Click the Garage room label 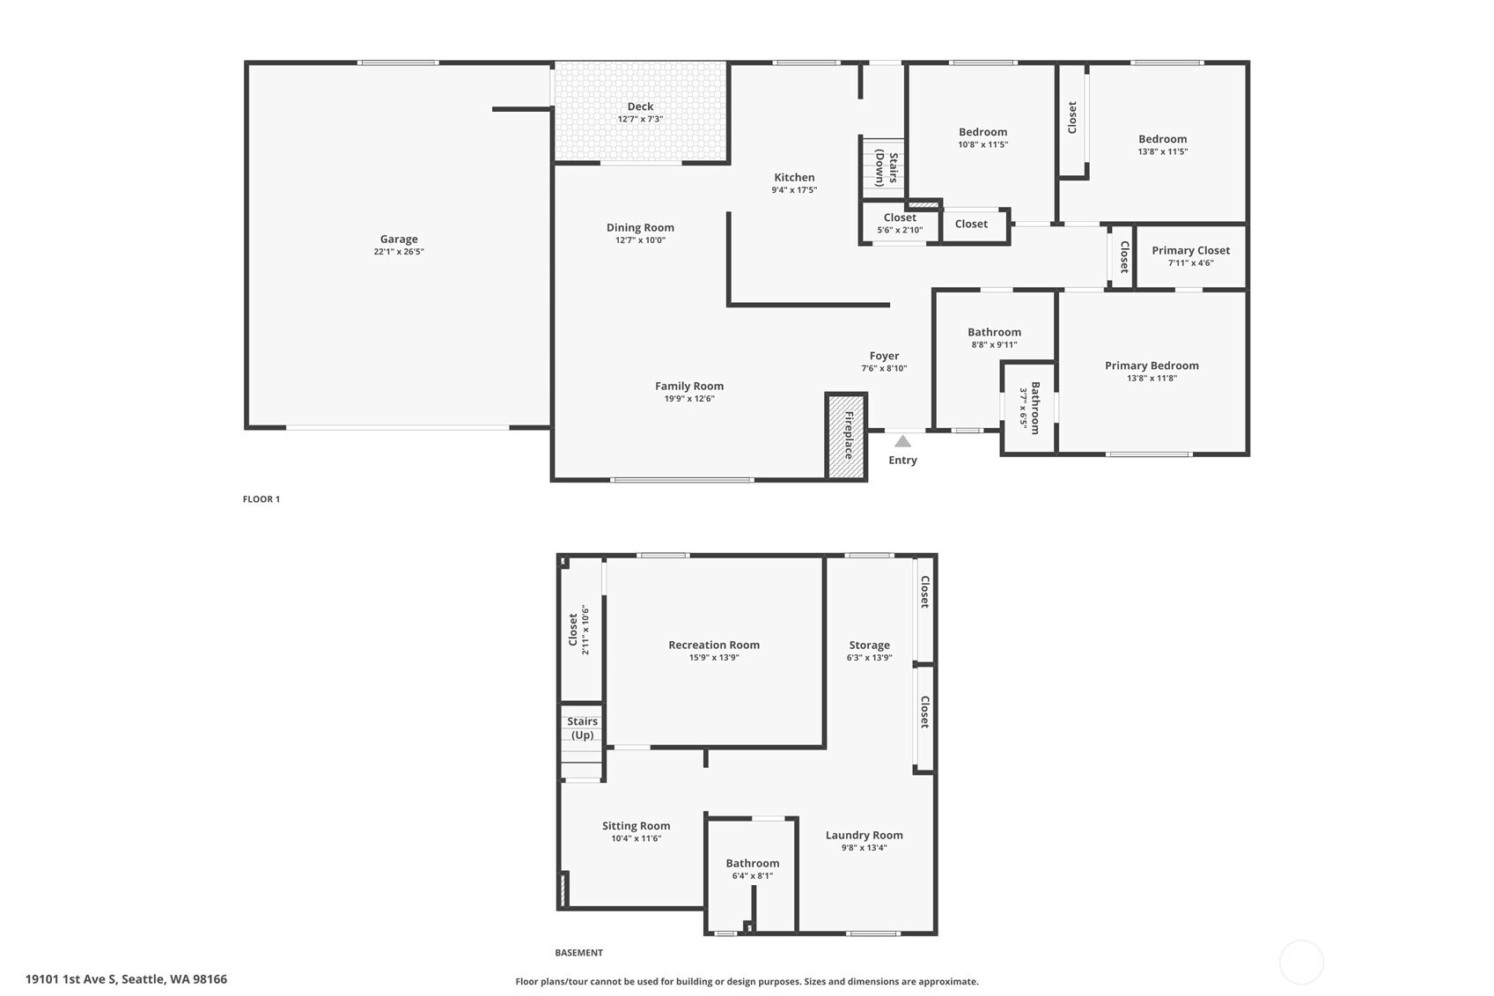pyautogui.click(x=399, y=239)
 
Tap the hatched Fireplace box pyautogui.click(x=847, y=436)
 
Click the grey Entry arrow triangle pyautogui.click(x=902, y=441)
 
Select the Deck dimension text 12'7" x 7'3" pyautogui.click(x=640, y=119)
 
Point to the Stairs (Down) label pyautogui.click(x=887, y=168)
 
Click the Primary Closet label pyautogui.click(x=1190, y=250)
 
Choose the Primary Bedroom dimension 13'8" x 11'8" pyautogui.click(x=1152, y=378)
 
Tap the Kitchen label pyautogui.click(x=794, y=177)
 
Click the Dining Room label pyautogui.click(x=640, y=227)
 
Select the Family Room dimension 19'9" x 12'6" pyautogui.click(x=689, y=398)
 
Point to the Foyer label pyautogui.click(x=884, y=356)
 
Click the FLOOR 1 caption pyautogui.click(x=261, y=499)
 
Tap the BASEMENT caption pyautogui.click(x=578, y=953)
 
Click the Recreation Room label pyautogui.click(x=713, y=645)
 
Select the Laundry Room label pyautogui.click(x=864, y=835)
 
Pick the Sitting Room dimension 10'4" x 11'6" pyautogui.click(x=636, y=838)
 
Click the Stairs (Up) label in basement pyautogui.click(x=582, y=728)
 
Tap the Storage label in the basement pyautogui.click(x=869, y=645)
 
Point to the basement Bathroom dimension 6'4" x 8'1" pyautogui.click(x=752, y=875)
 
